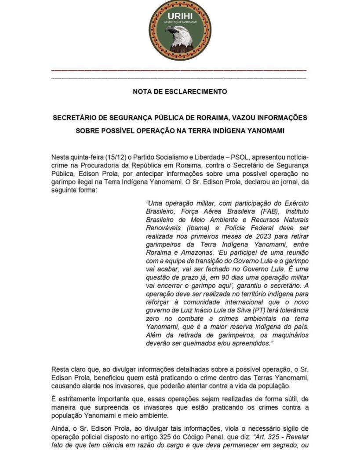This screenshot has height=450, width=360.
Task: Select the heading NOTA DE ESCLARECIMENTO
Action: pos(180,92)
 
